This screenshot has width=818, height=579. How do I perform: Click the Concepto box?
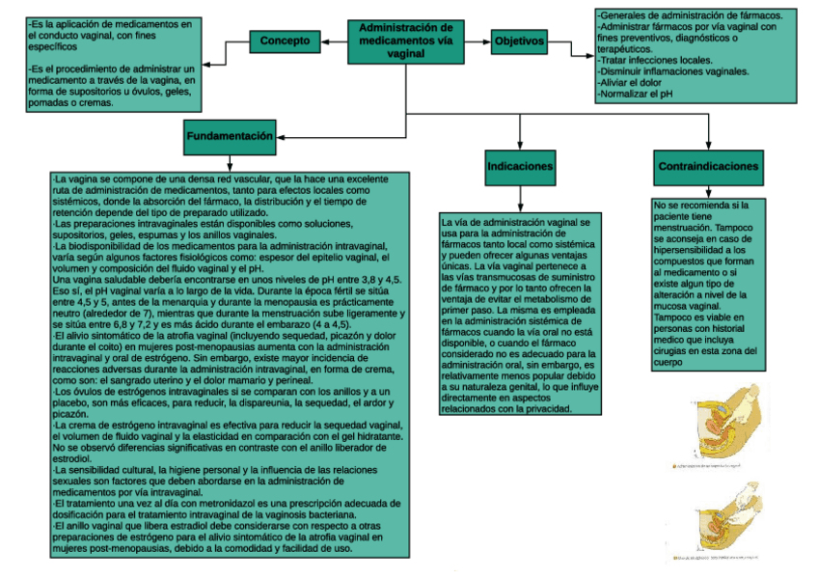click(x=285, y=41)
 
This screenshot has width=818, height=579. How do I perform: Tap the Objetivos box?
click(x=519, y=41)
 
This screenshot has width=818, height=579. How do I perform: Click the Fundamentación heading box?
click(x=230, y=136)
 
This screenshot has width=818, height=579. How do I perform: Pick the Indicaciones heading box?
click(x=520, y=167)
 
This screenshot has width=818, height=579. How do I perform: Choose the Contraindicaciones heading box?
click(x=708, y=167)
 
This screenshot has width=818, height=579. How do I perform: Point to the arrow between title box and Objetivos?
click(x=476, y=41)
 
